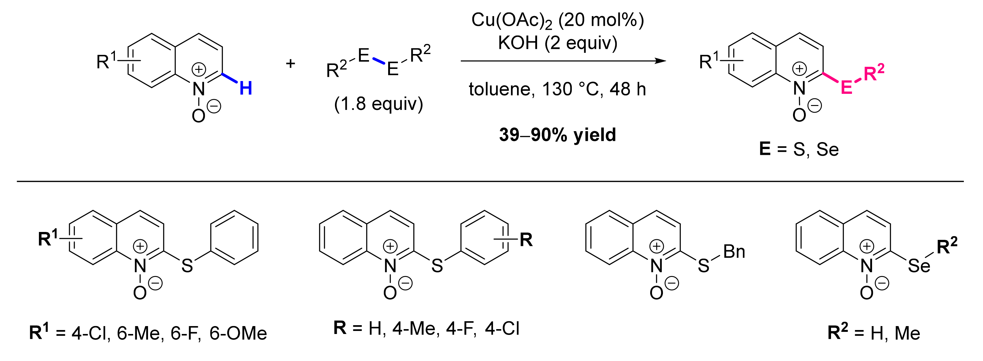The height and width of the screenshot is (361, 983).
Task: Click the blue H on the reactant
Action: [x=246, y=89]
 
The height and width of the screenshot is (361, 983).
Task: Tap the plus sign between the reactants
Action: [x=290, y=63]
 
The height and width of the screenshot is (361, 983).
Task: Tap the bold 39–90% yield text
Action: [x=557, y=135]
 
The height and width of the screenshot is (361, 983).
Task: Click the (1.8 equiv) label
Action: [x=378, y=104]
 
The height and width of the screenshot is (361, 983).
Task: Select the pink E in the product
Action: [x=847, y=88]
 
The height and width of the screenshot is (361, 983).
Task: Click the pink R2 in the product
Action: [x=874, y=73]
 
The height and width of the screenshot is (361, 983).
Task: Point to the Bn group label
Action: [x=734, y=252]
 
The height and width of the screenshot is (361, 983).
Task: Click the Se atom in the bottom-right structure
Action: [x=919, y=266]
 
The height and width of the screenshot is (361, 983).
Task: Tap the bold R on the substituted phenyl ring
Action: [x=526, y=240]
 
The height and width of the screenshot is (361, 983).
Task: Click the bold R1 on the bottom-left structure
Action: [x=48, y=239]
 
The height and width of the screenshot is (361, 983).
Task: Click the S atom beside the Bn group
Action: [x=703, y=266]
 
